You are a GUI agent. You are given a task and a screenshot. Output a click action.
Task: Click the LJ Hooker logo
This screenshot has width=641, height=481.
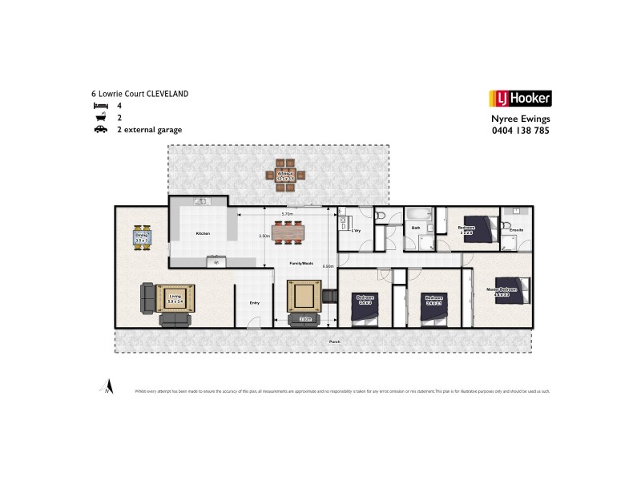click(x=519, y=99)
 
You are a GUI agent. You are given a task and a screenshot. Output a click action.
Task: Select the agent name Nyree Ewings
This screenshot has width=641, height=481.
click(x=520, y=117)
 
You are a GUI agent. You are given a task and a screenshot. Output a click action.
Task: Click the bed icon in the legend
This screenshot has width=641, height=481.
click(x=100, y=105)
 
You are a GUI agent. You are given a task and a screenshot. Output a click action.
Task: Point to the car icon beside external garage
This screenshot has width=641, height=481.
click(x=100, y=128)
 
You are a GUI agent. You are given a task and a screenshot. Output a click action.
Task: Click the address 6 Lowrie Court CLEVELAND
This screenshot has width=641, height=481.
click(x=140, y=94)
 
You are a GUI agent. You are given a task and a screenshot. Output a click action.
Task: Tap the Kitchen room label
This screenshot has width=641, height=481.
click(x=203, y=233)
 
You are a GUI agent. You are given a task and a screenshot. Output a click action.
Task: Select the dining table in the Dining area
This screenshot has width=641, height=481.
click(x=142, y=237)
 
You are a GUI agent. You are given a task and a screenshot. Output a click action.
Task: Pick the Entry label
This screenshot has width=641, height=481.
click(x=254, y=302)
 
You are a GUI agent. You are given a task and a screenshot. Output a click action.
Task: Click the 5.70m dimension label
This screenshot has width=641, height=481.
click(x=287, y=214)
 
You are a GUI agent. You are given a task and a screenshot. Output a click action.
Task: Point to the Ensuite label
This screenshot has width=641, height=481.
click(x=517, y=230)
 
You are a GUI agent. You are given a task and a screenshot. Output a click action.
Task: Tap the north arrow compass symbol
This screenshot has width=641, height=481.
click(x=105, y=386)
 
